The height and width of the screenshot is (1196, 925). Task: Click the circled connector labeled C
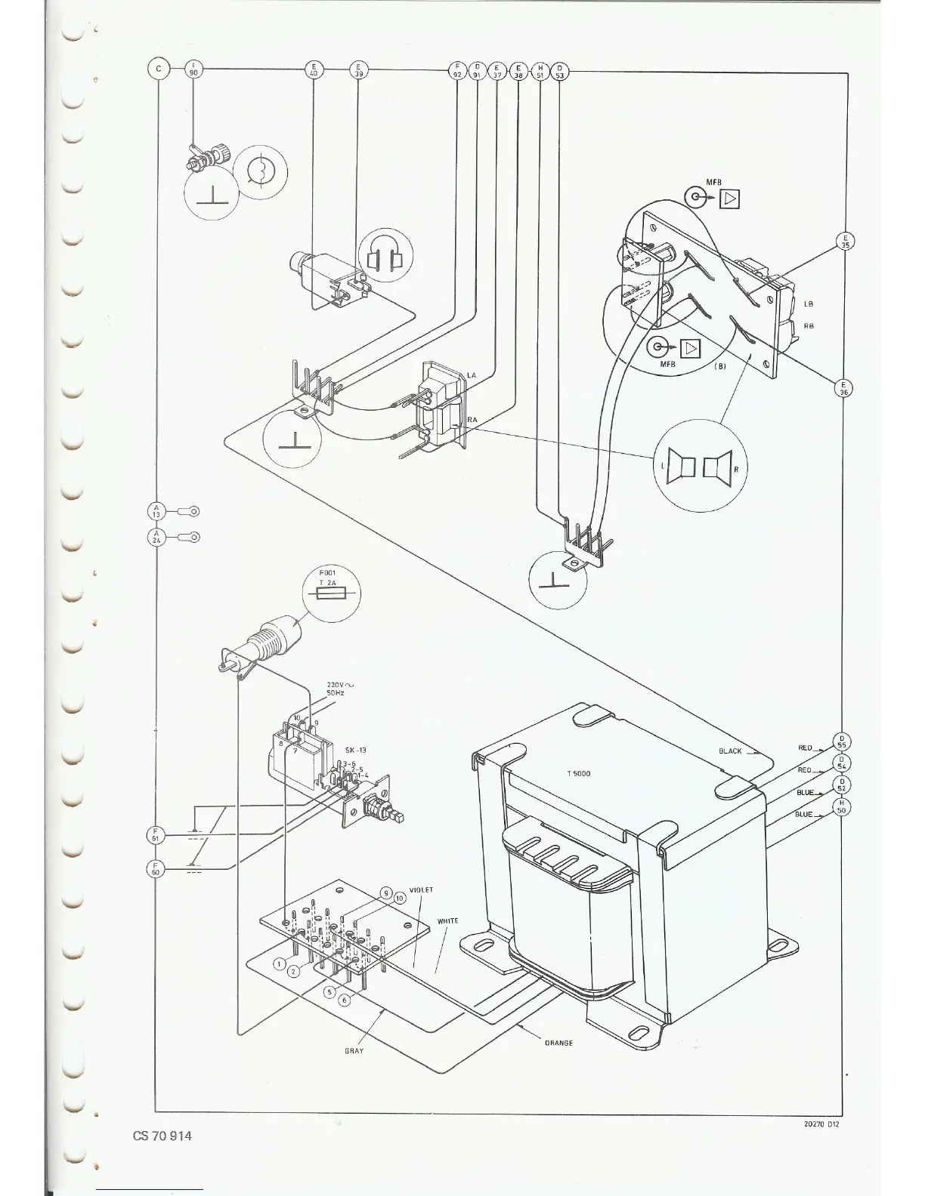point(158,70)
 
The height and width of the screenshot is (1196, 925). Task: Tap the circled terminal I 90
point(194,70)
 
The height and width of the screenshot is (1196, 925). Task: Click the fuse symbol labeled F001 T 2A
point(331,594)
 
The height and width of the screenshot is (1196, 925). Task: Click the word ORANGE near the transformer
point(558,1043)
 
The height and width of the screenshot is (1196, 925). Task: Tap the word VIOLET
point(421,890)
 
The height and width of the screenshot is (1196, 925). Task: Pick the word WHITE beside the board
point(448,921)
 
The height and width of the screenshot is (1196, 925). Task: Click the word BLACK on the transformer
point(730,751)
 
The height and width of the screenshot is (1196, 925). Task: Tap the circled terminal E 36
point(844,388)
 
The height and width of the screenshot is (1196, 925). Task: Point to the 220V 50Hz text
point(338,688)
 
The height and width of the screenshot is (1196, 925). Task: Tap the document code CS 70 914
point(160,1136)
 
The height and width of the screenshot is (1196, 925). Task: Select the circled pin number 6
point(345,1000)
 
